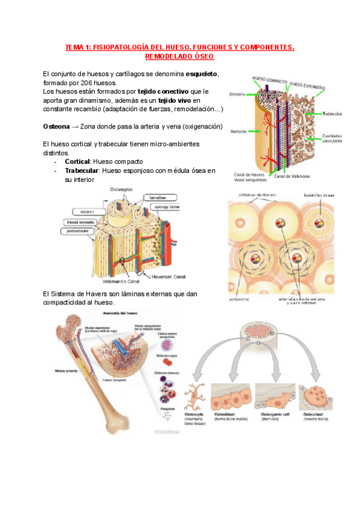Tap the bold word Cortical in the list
point(77,161)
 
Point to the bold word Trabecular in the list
point(82,170)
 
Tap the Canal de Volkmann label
point(292,176)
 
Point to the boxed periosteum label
point(79,230)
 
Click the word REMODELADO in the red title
point(166,56)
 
